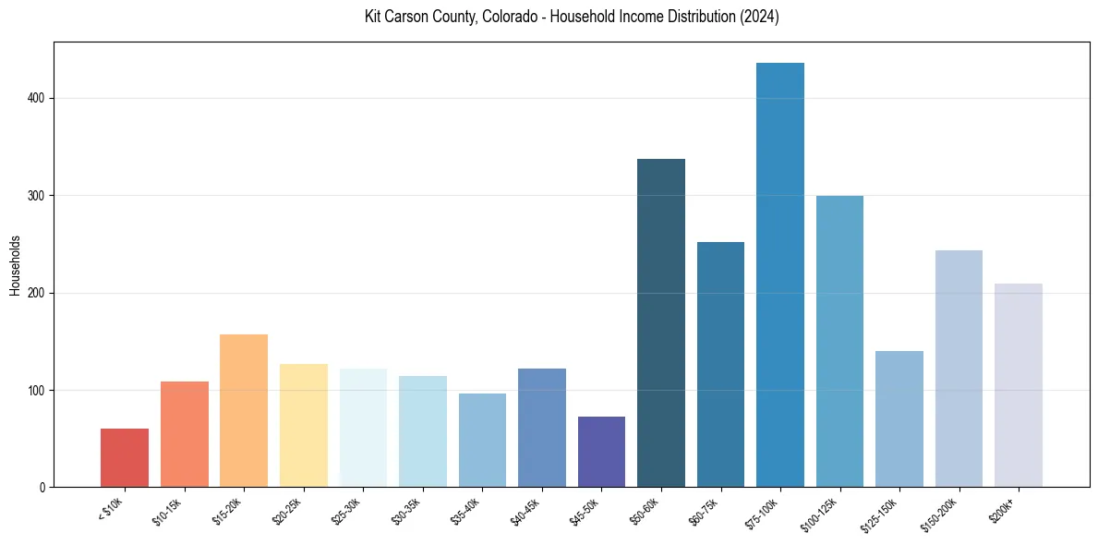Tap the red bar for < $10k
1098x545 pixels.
(125, 457)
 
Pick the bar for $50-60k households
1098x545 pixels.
(661, 322)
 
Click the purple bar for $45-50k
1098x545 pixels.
(601, 452)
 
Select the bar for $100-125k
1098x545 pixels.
(839, 341)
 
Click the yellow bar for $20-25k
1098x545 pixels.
(304, 425)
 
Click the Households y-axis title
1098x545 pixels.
(15, 264)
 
